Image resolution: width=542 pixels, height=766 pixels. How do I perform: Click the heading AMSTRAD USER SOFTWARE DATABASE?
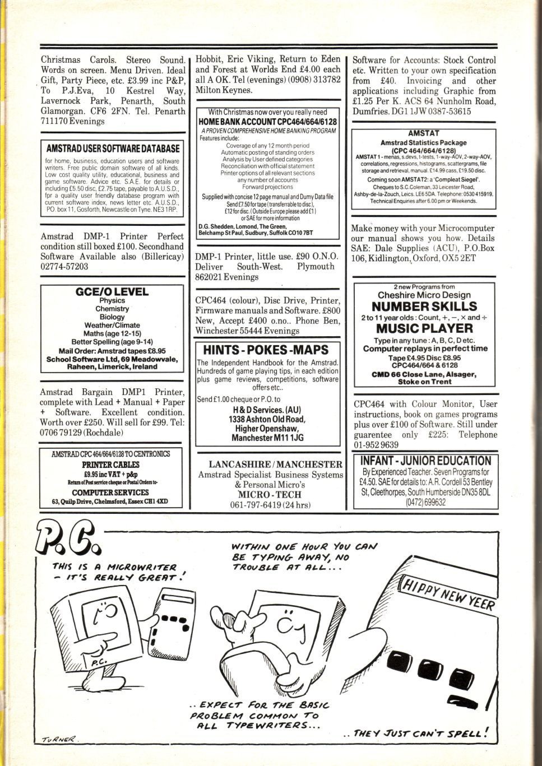point(113,148)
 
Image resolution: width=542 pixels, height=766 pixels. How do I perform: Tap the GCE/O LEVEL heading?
point(112,292)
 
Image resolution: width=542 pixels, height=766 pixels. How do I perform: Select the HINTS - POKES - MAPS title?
point(266,350)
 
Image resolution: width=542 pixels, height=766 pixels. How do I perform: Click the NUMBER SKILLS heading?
point(424,306)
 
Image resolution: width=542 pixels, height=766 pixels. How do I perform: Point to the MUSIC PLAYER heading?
point(424,328)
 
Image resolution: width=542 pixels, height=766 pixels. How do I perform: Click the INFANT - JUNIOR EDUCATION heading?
point(426,461)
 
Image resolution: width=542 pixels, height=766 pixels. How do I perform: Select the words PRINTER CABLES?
point(110,465)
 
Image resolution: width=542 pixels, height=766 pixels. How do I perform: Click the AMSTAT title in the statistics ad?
point(423,133)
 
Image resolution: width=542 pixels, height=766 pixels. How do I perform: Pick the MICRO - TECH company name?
point(270,494)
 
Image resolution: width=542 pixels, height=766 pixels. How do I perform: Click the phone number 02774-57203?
point(64,266)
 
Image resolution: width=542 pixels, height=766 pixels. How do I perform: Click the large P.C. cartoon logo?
point(68,539)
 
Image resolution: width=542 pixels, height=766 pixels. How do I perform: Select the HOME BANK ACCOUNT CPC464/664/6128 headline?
point(267,122)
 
